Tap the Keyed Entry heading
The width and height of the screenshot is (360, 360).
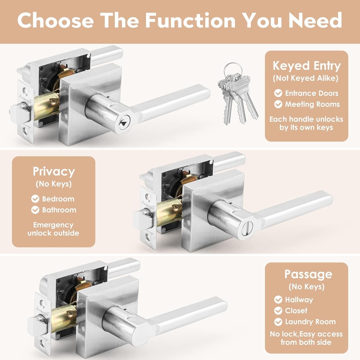click(307, 66)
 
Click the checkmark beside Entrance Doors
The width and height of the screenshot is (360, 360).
click(278, 93)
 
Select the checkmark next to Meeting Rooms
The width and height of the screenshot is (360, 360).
click(278, 104)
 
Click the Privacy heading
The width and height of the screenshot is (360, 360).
click(54, 172)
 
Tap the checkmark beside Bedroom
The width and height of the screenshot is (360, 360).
click(35, 199)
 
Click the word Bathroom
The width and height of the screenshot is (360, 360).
click(59, 210)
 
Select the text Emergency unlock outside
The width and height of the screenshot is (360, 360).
click(53, 229)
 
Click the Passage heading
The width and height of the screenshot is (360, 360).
click(308, 274)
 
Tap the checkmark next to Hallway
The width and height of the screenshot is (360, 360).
click(278, 300)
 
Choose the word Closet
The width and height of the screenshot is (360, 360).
click(296, 311)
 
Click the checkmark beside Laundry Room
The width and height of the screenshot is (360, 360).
click(278, 322)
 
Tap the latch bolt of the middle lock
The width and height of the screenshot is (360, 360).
click(142, 219)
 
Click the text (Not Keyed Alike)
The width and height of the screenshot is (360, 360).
click(306, 78)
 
